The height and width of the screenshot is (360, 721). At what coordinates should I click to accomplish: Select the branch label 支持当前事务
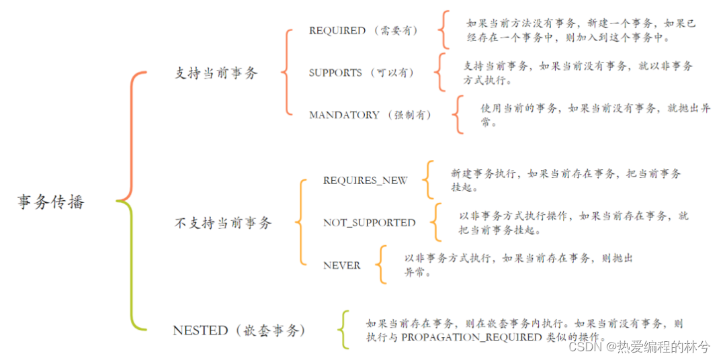(216, 73)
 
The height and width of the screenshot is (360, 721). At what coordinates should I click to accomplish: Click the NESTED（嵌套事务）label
(239, 330)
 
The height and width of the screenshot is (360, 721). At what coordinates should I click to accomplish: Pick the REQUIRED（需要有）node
(364, 31)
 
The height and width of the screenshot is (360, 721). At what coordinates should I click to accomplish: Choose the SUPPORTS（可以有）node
(362, 73)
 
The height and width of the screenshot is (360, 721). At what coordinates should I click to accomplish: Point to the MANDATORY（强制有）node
(370, 115)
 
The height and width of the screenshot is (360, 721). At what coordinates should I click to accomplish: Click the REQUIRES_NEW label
(365, 181)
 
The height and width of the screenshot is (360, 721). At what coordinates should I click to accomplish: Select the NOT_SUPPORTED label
(369, 223)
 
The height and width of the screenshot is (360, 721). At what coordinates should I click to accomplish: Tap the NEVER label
(341, 265)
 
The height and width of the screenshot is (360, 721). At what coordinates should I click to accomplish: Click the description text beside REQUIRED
(581, 31)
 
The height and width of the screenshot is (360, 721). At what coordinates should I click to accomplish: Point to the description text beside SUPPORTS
(578, 73)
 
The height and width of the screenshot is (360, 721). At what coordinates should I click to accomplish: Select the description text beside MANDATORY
(595, 115)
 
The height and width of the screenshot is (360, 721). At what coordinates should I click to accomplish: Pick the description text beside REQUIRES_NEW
(565, 181)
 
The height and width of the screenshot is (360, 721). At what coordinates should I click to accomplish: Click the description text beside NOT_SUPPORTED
(573, 223)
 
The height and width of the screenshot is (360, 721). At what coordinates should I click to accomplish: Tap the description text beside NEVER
(518, 265)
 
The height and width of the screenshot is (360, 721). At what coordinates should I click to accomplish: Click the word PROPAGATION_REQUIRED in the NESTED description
(471, 338)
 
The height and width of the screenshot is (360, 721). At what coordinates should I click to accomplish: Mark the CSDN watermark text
(638, 347)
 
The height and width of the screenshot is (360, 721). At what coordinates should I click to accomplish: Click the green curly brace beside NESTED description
(344, 330)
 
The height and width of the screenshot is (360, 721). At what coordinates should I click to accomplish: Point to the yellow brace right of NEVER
(382, 265)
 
